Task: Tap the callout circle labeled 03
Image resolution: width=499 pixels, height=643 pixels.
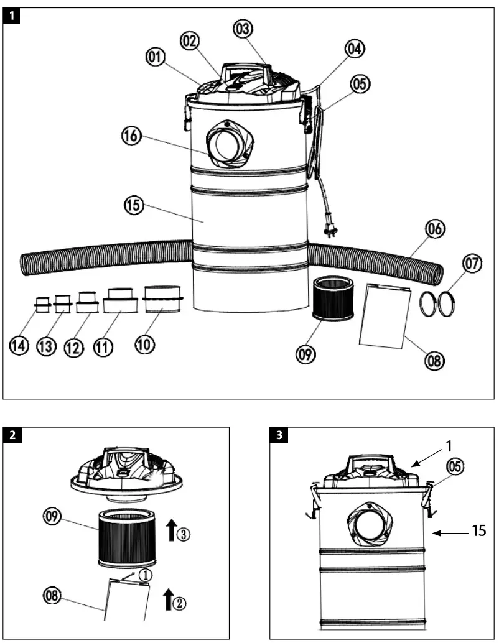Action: pos(244,28)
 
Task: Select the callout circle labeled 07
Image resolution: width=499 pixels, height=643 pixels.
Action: pos(472,264)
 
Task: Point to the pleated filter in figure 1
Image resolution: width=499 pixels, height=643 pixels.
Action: pos(335,299)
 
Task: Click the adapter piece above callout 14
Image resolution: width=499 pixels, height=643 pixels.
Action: pos(42,305)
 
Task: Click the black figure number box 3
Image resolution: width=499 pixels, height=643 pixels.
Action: pos(279,435)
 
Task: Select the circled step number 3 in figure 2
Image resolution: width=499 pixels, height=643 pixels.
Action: pos(182,533)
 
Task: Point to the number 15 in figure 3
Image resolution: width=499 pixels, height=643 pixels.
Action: pos(478,531)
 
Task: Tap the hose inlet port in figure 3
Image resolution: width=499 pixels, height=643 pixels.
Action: pos(368,520)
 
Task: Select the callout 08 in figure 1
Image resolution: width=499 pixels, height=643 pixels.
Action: pos(435,359)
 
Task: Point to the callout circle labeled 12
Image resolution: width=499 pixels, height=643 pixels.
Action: pos(74,347)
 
